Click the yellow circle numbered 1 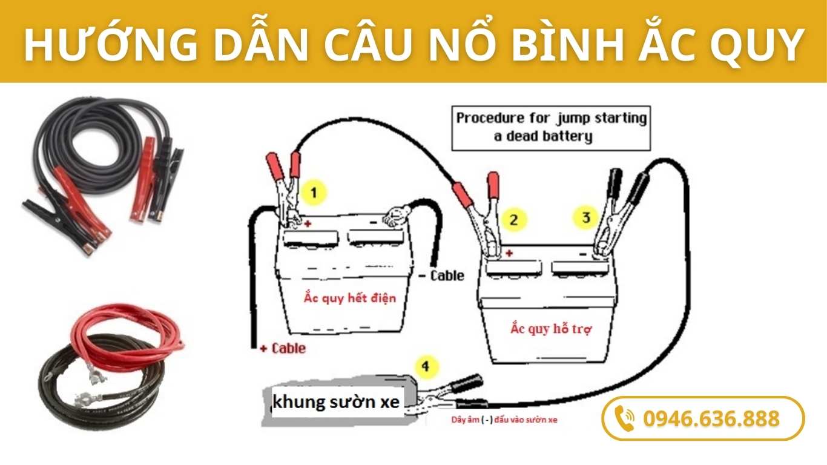coord(314,193)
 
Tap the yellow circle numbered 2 coord(514,219)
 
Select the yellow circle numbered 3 coord(585,217)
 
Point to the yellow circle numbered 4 coord(426,366)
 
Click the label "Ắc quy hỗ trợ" coord(550,329)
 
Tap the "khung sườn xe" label coord(336,402)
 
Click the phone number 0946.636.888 coord(711,418)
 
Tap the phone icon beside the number coord(624,418)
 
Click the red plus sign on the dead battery coord(308,224)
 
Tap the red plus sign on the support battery coord(509,253)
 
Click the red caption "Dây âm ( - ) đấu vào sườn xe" coord(505,420)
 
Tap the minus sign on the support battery coord(582,254)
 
